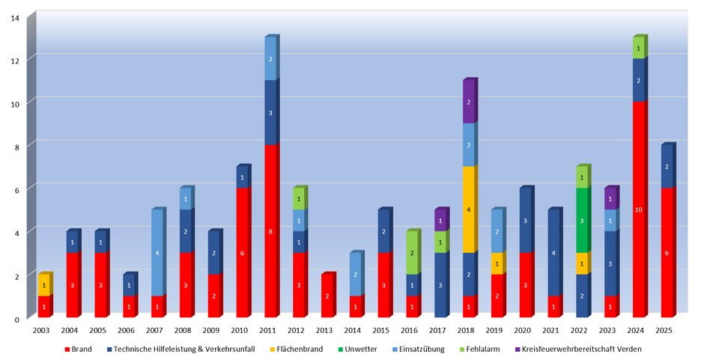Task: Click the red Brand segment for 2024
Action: pyautogui.click(x=639, y=210)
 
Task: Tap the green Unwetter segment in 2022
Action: pyautogui.click(x=582, y=221)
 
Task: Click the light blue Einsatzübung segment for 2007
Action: pyautogui.click(x=157, y=253)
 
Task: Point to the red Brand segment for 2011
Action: pyautogui.click(x=270, y=231)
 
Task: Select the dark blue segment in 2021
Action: pyautogui.click(x=553, y=253)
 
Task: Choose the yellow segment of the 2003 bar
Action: pyautogui.click(x=44, y=285)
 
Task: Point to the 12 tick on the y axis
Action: pyautogui.click(x=15, y=59)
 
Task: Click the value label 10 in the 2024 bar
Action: pyautogui.click(x=639, y=210)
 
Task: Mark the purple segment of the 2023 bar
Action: pyautogui.click(x=610, y=199)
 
